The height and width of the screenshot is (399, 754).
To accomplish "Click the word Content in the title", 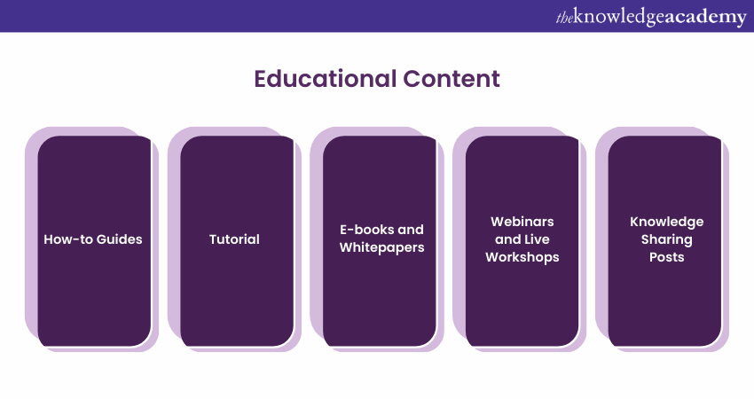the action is [x=452, y=79].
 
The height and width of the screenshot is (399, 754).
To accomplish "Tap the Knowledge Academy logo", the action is [x=651, y=17].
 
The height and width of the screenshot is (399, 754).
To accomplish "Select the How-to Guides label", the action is [x=93, y=239].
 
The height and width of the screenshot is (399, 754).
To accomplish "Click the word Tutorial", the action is [x=234, y=239].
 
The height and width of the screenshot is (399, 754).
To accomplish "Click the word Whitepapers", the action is [x=381, y=247].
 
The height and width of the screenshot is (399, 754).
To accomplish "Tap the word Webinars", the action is [x=522, y=222].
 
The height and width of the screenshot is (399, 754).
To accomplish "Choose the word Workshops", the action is [x=522, y=257].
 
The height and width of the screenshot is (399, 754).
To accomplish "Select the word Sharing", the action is [x=666, y=239].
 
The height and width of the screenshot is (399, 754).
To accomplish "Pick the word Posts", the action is [x=666, y=257].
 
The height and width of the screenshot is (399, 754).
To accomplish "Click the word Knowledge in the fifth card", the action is [x=666, y=222].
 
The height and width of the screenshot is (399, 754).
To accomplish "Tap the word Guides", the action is [x=119, y=239].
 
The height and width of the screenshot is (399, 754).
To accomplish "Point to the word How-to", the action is [x=68, y=239].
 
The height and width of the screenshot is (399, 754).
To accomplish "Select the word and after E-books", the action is [x=411, y=230].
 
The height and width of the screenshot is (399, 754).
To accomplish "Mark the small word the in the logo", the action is [x=564, y=18].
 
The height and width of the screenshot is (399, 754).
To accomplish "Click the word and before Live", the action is [x=507, y=239].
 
